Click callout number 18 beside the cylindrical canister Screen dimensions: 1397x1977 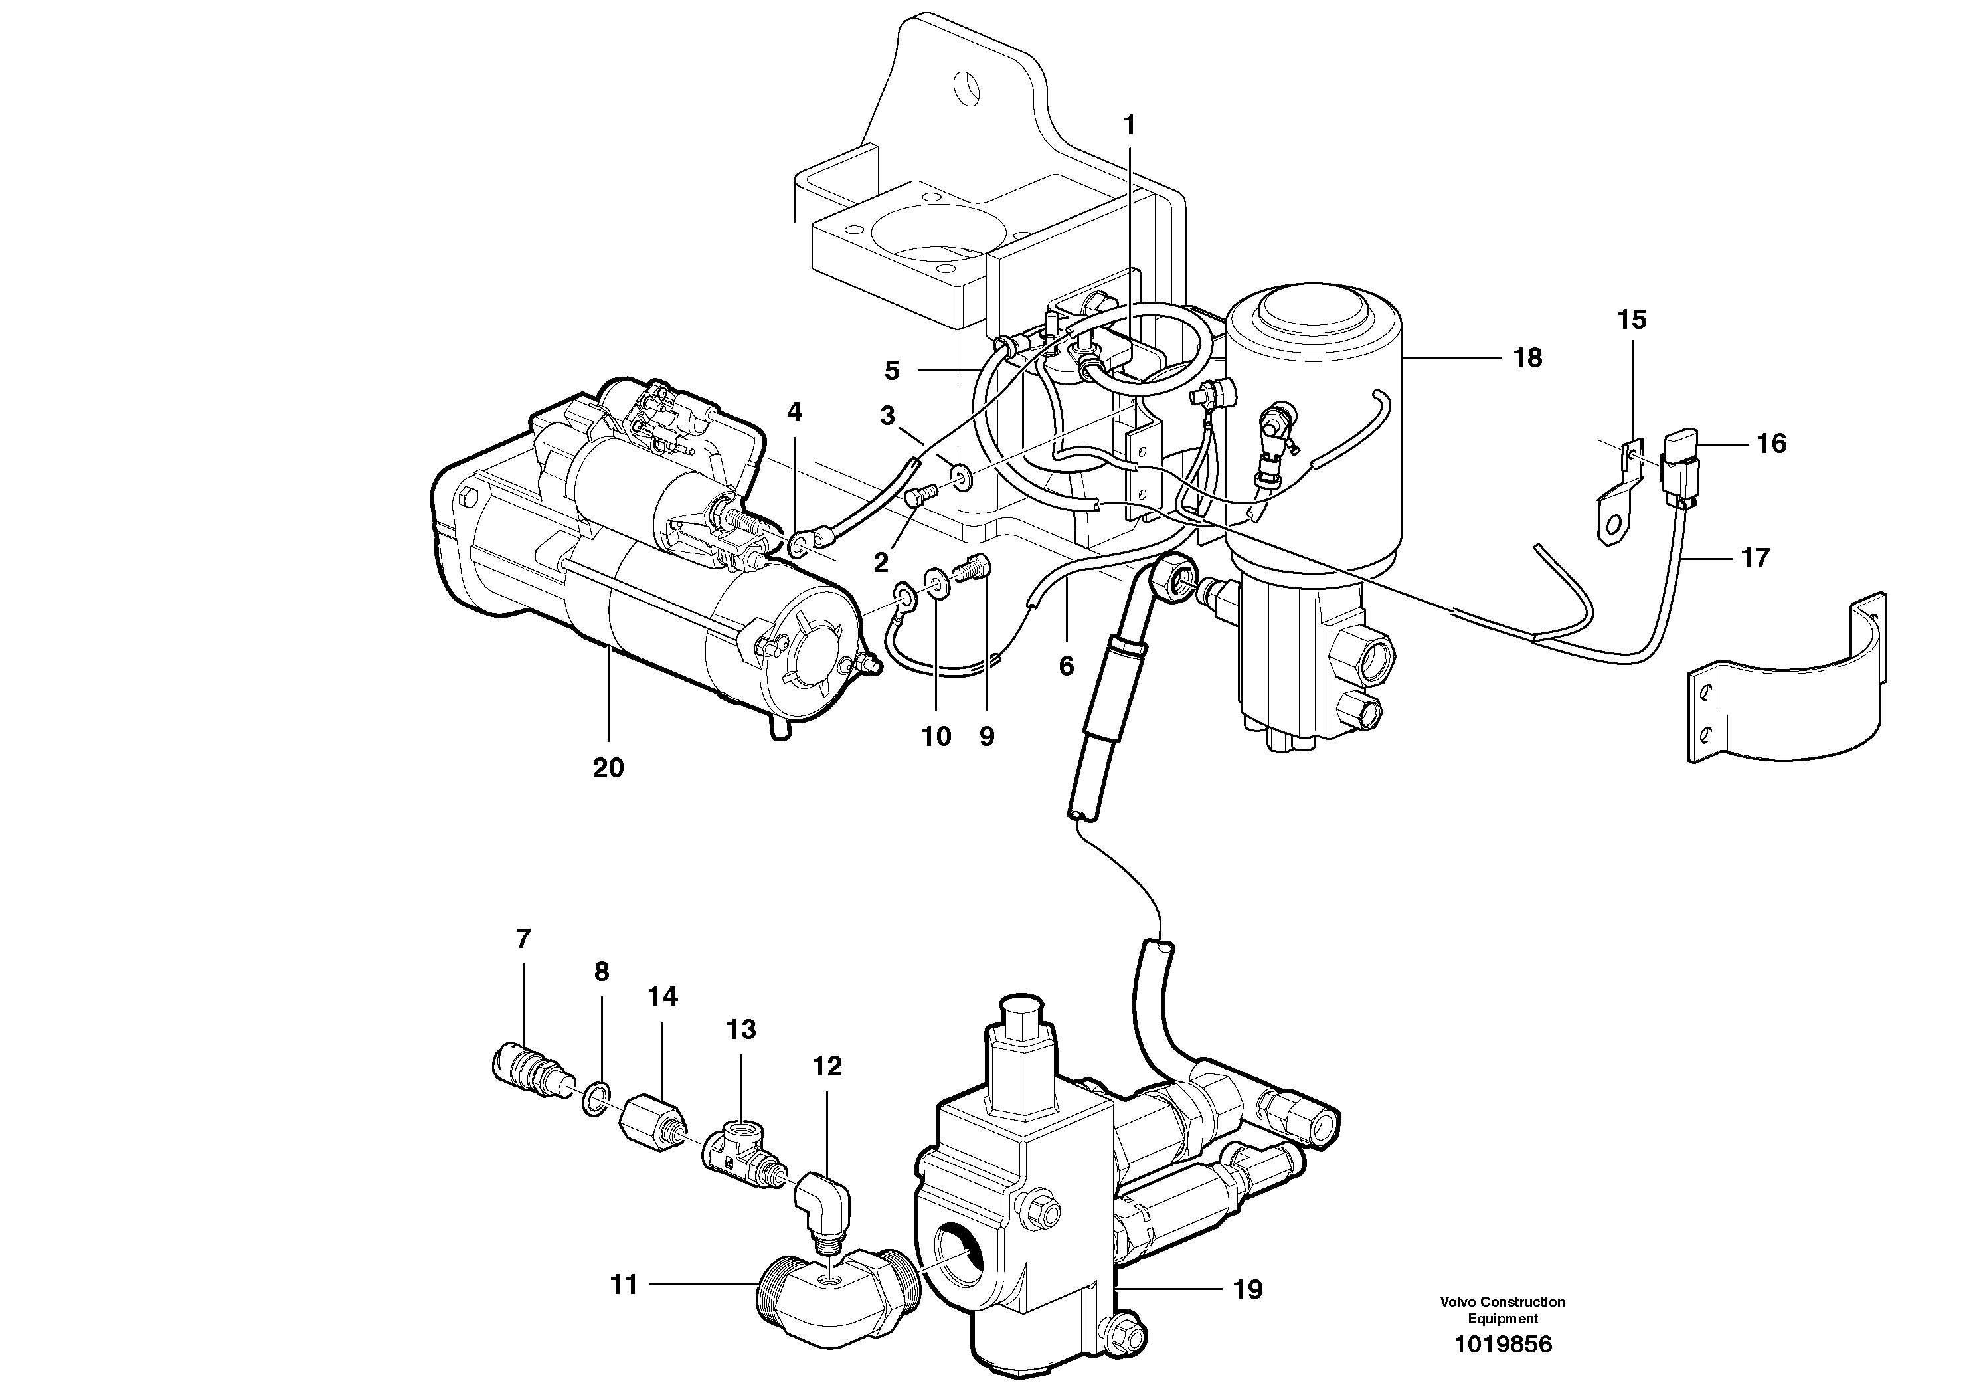[x=1527, y=357]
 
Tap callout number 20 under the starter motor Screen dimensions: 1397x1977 [x=607, y=767]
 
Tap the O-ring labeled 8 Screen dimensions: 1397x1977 [x=593, y=1100]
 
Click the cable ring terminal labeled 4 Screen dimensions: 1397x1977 [x=799, y=543]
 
